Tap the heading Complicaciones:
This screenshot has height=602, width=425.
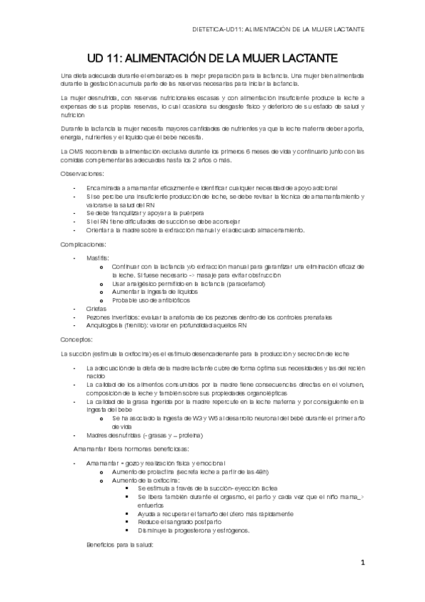84,244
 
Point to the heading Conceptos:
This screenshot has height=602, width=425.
77,339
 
